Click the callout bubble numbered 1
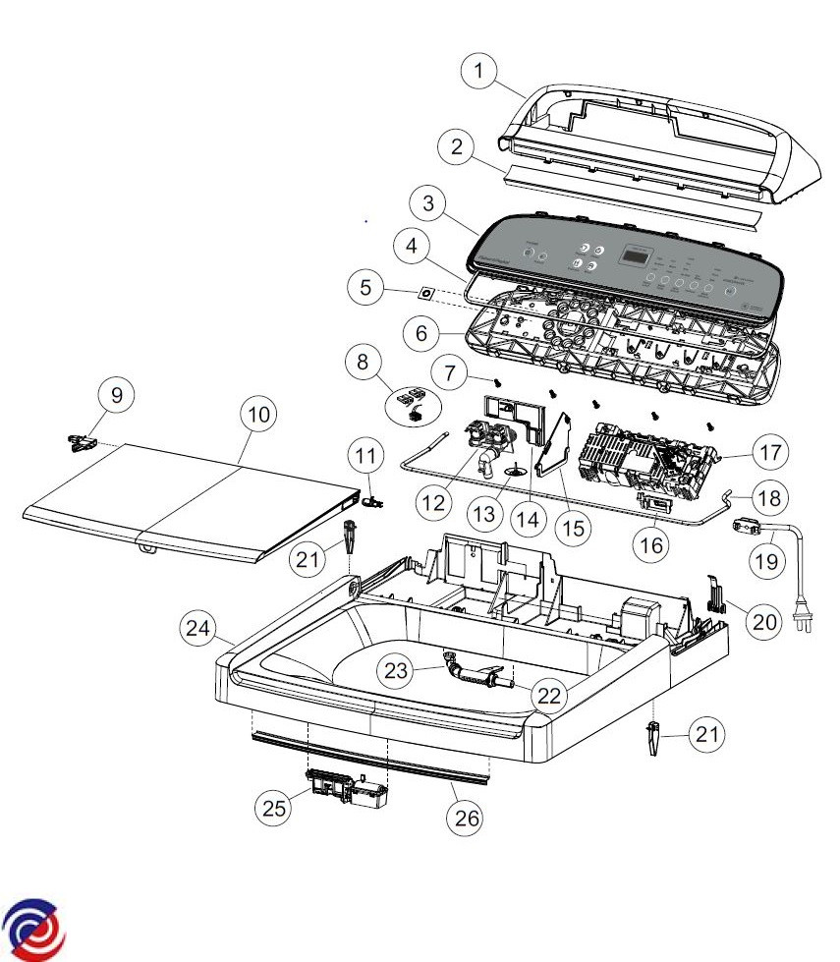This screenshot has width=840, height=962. point(478,71)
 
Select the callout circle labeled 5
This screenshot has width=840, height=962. point(366,289)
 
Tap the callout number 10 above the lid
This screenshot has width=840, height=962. point(256,415)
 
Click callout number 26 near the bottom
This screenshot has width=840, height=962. point(467,818)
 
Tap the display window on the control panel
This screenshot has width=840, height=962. point(636,256)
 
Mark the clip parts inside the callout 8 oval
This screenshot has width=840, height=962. point(410,402)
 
